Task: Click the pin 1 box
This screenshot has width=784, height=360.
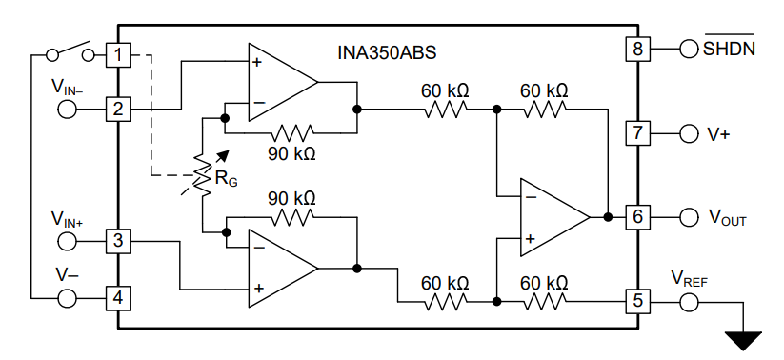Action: tap(117, 55)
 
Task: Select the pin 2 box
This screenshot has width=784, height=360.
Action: tap(117, 109)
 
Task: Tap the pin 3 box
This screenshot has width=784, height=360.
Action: tap(117, 241)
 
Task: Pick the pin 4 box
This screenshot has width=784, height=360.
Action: tap(117, 298)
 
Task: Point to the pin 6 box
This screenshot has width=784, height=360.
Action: tap(636, 217)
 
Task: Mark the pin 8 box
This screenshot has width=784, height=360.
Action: tap(636, 48)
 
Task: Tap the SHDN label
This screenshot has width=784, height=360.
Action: tap(730, 48)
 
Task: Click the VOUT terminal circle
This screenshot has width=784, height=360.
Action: tap(689, 218)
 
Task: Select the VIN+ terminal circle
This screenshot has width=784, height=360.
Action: tap(69, 241)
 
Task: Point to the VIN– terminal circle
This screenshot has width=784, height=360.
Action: tap(69, 109)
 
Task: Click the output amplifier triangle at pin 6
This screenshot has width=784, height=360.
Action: tap(553, 217)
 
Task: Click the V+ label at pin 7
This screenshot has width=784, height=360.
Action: tap(718, 133)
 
